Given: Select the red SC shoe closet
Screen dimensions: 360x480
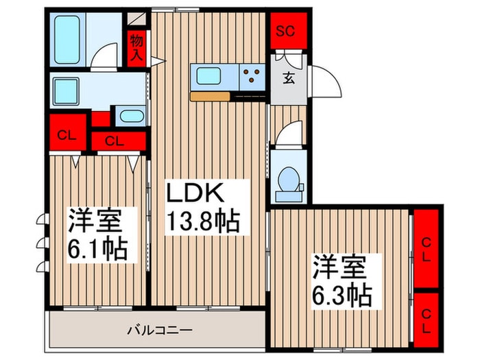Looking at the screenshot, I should point(287,30).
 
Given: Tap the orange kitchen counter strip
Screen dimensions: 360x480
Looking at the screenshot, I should point(213,96).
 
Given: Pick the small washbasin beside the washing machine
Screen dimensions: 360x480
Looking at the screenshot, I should point(130,115).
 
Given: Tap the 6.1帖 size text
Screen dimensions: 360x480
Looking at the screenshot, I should point(96,248).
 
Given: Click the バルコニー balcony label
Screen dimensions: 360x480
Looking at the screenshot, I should point(160,331).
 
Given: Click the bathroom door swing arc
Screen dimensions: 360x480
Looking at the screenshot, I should point(106,55).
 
